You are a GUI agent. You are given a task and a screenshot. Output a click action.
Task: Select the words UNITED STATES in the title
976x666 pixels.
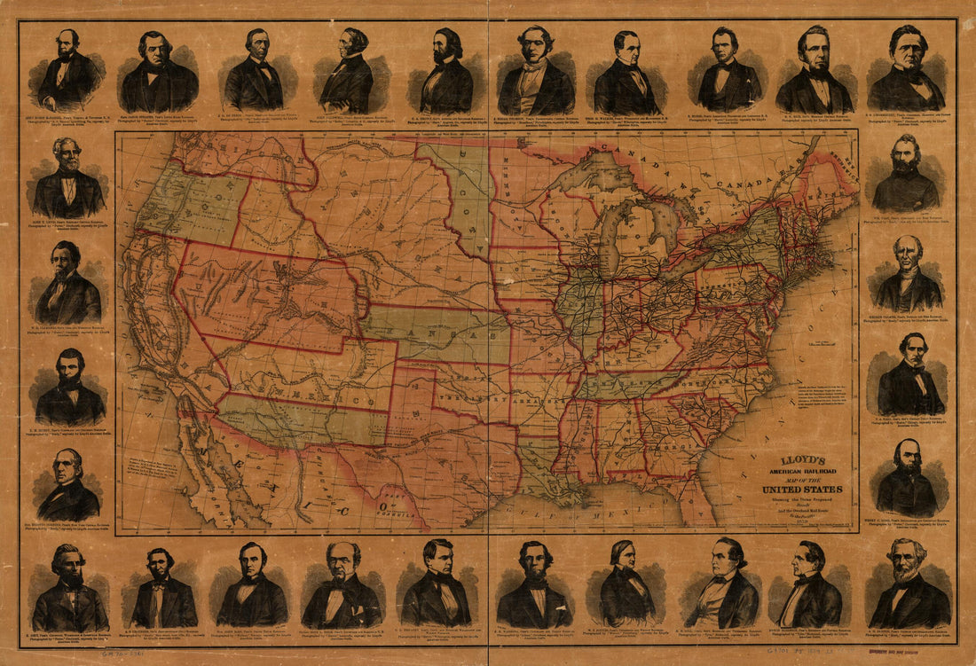(x=801, y=490)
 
